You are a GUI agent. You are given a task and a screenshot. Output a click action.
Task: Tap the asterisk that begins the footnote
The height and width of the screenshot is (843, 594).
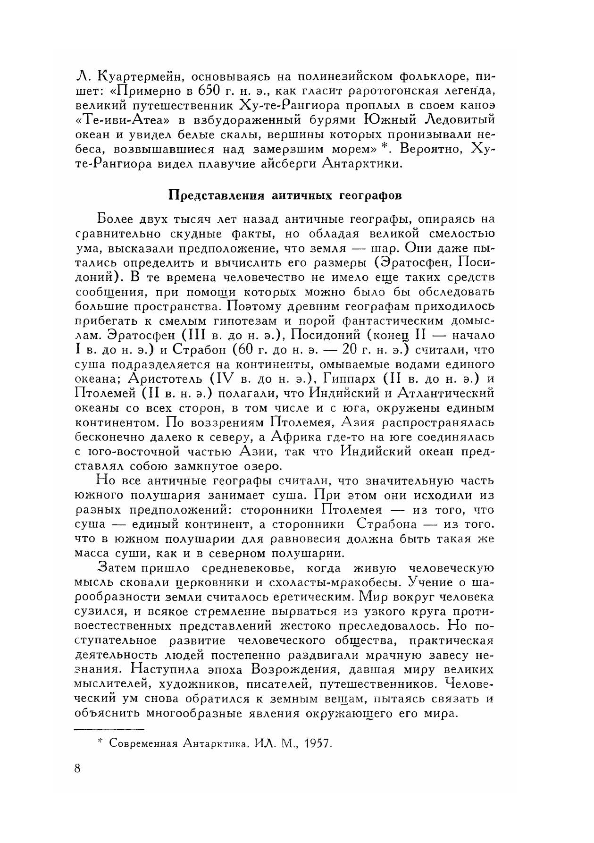coord(100,742)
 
